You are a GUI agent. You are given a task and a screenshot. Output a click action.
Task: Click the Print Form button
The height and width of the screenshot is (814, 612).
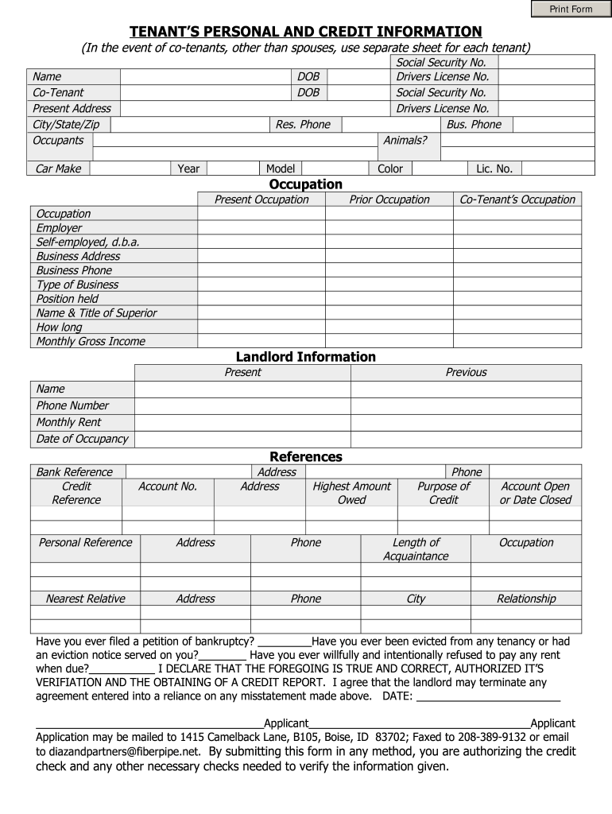(571, 10)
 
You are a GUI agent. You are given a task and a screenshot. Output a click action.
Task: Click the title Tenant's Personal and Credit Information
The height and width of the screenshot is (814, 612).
(306, 32)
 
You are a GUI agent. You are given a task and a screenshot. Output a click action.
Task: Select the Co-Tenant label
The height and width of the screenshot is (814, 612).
(58, 93)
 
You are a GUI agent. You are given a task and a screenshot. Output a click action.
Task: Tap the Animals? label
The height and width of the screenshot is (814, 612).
(405, 141)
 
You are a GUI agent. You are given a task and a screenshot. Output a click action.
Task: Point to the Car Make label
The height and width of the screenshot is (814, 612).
(58, 169)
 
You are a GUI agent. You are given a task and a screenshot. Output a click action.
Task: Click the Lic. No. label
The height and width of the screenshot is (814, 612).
(494, 169)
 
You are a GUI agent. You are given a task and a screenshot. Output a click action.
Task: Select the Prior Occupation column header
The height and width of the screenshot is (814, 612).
(389, 200)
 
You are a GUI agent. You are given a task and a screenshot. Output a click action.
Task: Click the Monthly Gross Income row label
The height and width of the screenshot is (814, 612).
(91, 341)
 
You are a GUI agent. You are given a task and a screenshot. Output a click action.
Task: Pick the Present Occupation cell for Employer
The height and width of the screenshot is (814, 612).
(261, 228)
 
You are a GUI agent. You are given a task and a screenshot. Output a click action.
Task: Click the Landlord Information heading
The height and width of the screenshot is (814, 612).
(306, 357)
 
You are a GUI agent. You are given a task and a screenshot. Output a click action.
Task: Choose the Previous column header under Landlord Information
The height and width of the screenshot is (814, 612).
(466, 372)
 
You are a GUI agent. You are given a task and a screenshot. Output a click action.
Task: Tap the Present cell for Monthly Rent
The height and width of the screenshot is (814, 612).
(242, 422)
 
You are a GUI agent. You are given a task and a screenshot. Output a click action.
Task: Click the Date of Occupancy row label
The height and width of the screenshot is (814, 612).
(82, 439)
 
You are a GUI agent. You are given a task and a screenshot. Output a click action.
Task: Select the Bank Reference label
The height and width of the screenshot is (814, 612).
(75, 472)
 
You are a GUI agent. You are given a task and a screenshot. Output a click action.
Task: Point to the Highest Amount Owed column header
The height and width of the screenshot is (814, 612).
(351, 493)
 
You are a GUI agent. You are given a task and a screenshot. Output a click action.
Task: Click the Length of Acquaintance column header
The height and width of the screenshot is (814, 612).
(416, 549)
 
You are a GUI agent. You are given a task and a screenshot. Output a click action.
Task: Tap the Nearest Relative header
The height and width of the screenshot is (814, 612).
(85, 599)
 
